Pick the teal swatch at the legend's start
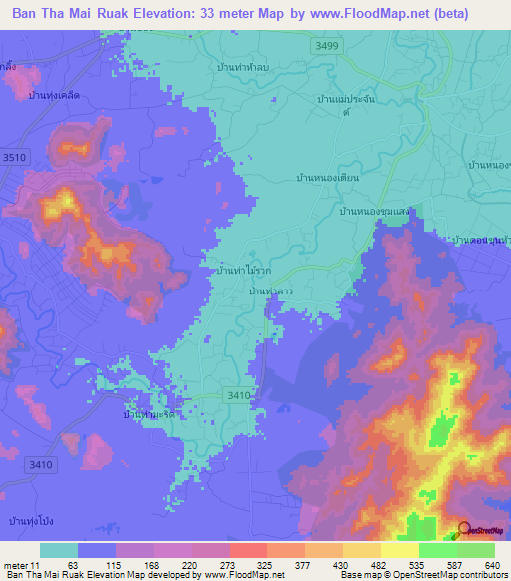[59, 550]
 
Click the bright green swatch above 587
[438, 550]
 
